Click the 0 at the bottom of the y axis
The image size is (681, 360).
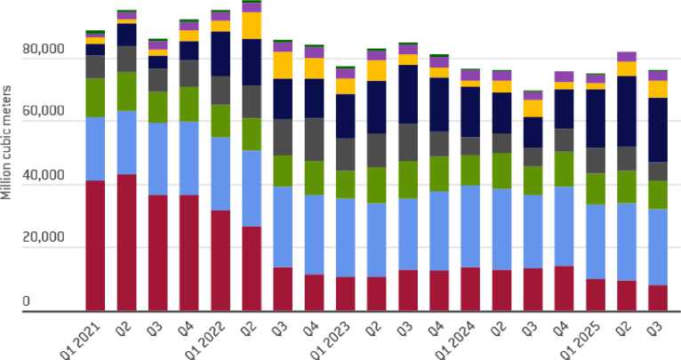27,303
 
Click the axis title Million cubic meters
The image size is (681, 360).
7,143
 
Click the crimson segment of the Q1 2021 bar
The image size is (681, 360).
95,245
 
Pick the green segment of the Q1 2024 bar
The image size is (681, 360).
470,170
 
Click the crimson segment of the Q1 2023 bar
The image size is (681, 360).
346,293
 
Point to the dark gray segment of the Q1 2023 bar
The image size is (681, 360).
346,154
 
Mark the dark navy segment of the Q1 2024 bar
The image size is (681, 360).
470,111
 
